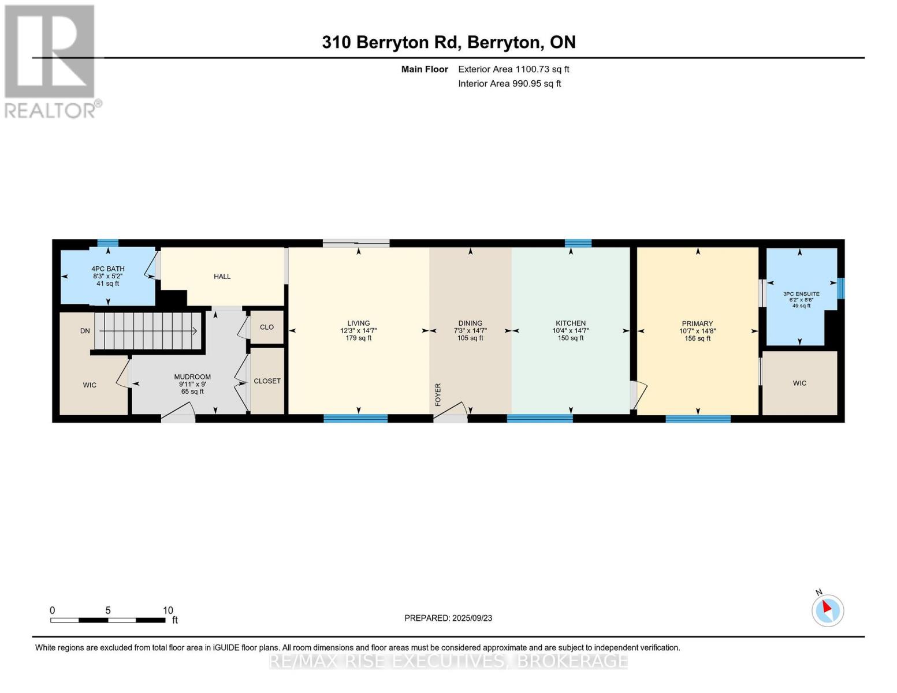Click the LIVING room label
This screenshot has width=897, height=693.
pyautogui.click(x=358, y=323)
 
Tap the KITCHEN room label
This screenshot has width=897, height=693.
pyautogui.click(x=571, y=323)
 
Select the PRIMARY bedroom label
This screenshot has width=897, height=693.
pyautogui.click(x=697, y=323)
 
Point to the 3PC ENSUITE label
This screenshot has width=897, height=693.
pyautogui.click(x=801, y=294)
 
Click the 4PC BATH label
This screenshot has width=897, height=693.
pyautogui.click(x=108, y=269)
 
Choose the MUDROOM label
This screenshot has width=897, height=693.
pyautogui.click(x=192, y=377)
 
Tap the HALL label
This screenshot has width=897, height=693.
pyautogui.click(x=222, y=277)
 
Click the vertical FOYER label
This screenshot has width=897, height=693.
pyautogui.click(x=438, y=394)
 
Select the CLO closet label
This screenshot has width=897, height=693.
pyautogui.click(x=267, y=327)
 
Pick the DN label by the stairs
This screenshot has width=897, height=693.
pyautogui.click(x=85, y=331)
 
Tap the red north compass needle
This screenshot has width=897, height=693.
pyautogui.click(x=827, y=606)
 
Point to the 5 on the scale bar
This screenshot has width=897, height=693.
pyautogui.click(x=108, y=610)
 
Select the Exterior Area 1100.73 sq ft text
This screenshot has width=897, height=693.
pyautogui.click(x=513, y=69)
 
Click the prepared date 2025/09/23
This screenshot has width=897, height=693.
pyautogui.click(x=472, y=619)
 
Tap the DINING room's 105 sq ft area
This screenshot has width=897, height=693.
pyautogui.click(x=470, y=338)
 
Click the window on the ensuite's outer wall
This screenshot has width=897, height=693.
pyautogui.click(x=840, y=288)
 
